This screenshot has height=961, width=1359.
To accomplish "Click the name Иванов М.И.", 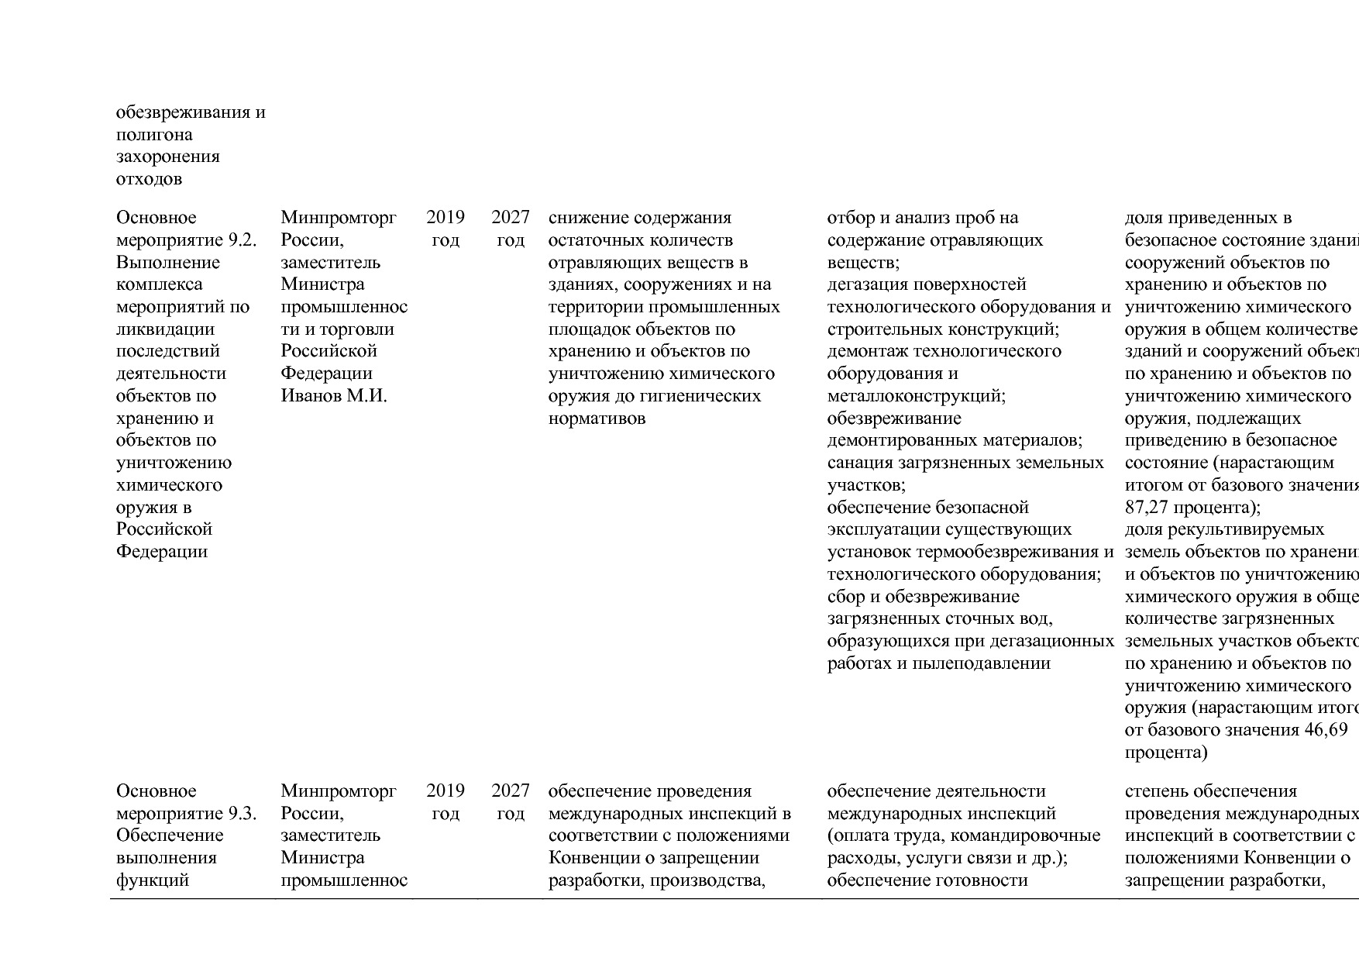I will [333, 396].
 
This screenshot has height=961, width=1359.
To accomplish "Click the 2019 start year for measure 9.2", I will [446, 218].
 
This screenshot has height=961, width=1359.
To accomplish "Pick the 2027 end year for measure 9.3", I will [511, 791].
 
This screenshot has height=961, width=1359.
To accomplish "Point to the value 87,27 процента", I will [1191, 508].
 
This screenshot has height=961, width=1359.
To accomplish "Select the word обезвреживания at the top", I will [183, 112].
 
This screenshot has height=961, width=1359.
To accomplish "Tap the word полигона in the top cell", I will [154, 135].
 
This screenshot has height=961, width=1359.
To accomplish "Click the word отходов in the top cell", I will [149, 180].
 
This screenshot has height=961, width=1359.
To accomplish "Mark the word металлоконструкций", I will [916, 397].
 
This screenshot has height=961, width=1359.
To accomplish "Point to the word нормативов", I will [597, 419].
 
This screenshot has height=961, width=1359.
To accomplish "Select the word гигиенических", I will [706, 397].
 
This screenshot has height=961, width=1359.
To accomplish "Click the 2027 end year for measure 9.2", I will [511, 218].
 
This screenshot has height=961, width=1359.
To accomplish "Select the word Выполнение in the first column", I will [168, 263].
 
